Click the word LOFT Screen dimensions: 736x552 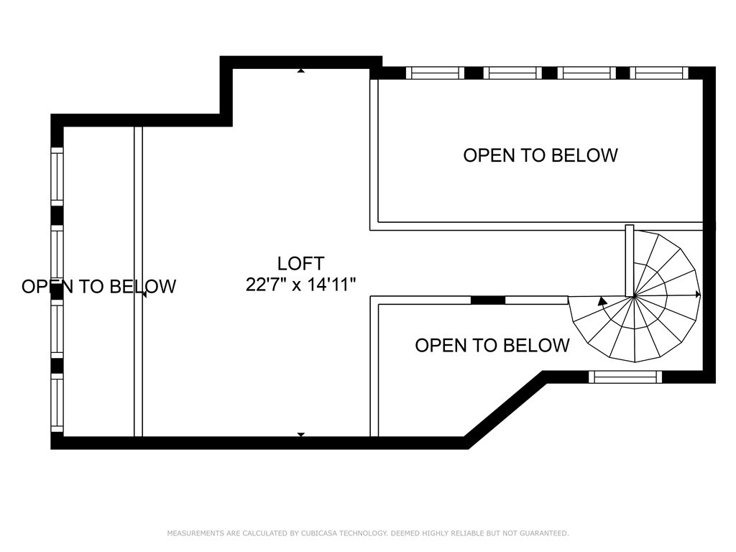[x=300, y=264]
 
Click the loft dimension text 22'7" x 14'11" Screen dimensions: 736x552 [x=301, y=285]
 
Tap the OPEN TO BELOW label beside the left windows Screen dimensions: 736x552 [x=99, y=286]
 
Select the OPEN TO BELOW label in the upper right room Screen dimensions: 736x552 [x=540, y=155]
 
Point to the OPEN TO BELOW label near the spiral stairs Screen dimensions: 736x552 [x=492, y=346]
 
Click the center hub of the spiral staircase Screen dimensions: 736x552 [x=634, y=296]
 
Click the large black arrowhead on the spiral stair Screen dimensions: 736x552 [x=602, y=301]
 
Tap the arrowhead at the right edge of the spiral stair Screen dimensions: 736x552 [x=698, y=294]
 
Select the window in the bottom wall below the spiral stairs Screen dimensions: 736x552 [x=625, y=377]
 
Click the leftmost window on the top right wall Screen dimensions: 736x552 [x=435, y=73]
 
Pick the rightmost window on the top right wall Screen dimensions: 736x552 [x=659, y=73]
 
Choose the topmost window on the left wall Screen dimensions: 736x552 [x=57, y=177]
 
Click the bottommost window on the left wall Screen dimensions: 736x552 [x=57, y=402]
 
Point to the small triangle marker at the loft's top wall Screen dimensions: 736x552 [x=301, y=71]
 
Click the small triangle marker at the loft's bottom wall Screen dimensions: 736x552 [x=301, y=434]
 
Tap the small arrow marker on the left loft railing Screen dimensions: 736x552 [x=144, y=294]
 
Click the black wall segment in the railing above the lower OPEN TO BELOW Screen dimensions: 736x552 [x=488, y=300]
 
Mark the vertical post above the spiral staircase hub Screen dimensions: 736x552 [x=630, y=260]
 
